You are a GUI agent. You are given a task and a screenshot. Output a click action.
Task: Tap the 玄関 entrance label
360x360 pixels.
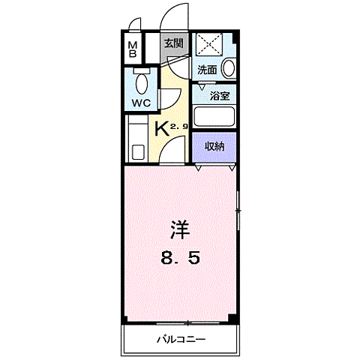tap(174, 43)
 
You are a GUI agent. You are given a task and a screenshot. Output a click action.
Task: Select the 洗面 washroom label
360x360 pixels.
tap(207, 70)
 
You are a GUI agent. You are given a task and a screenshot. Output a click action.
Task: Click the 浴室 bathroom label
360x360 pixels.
tap(219, 96)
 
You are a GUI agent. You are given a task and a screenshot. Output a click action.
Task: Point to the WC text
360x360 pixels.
tap(142, 102)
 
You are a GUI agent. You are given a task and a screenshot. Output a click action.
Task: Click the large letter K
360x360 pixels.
tap(160, 128)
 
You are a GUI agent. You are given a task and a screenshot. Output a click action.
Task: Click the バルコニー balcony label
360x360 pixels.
tap(181, 338)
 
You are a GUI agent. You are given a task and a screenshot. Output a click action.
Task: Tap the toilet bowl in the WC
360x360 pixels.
tap(142, 80)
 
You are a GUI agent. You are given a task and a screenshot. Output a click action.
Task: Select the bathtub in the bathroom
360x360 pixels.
tap(215, 118)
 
